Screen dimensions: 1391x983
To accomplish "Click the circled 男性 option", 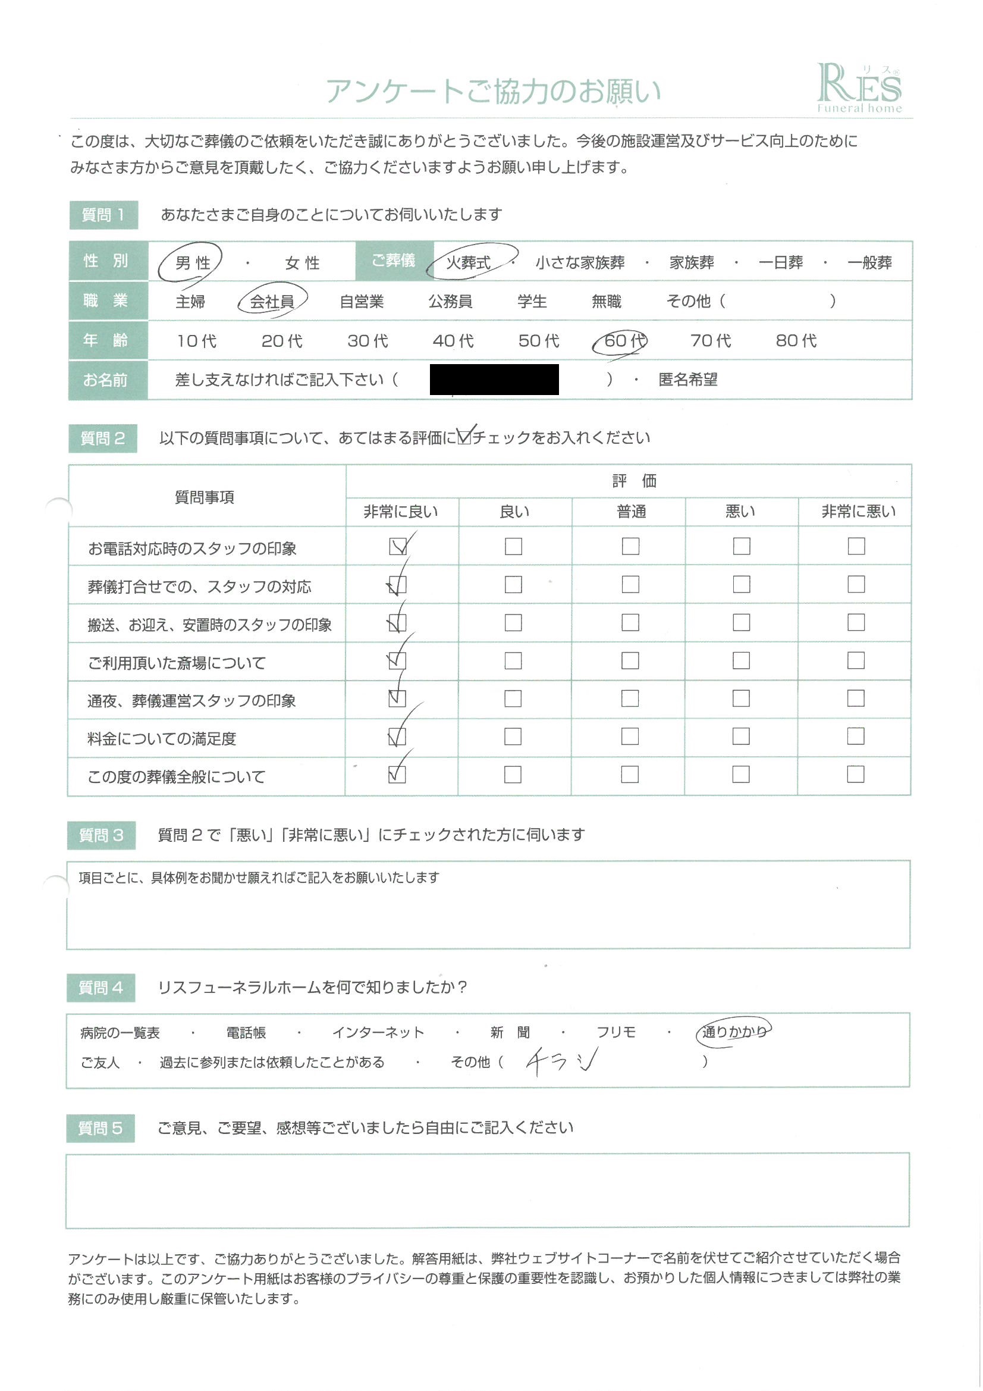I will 192,263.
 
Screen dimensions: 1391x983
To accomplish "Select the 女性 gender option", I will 302,263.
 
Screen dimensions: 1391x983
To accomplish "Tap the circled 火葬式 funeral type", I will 468,262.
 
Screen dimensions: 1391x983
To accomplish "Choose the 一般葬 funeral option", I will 869,262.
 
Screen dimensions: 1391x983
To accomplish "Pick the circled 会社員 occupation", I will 272,301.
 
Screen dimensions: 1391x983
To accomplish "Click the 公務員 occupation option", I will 450,301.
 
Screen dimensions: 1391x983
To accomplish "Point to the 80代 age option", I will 796,340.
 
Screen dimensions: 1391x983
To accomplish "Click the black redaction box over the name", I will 494,379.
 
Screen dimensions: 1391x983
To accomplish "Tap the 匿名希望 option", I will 687,380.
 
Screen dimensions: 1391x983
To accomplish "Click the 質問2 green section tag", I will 102,438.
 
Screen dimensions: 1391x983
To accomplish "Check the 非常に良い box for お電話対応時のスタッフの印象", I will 398,546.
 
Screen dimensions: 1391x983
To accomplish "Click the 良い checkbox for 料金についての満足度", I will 513,737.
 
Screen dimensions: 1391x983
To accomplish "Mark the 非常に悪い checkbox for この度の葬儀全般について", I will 855,774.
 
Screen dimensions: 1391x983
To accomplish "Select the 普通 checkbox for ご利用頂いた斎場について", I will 630,660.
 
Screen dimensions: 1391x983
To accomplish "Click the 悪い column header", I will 740,512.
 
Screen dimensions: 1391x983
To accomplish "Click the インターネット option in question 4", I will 378,1032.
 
